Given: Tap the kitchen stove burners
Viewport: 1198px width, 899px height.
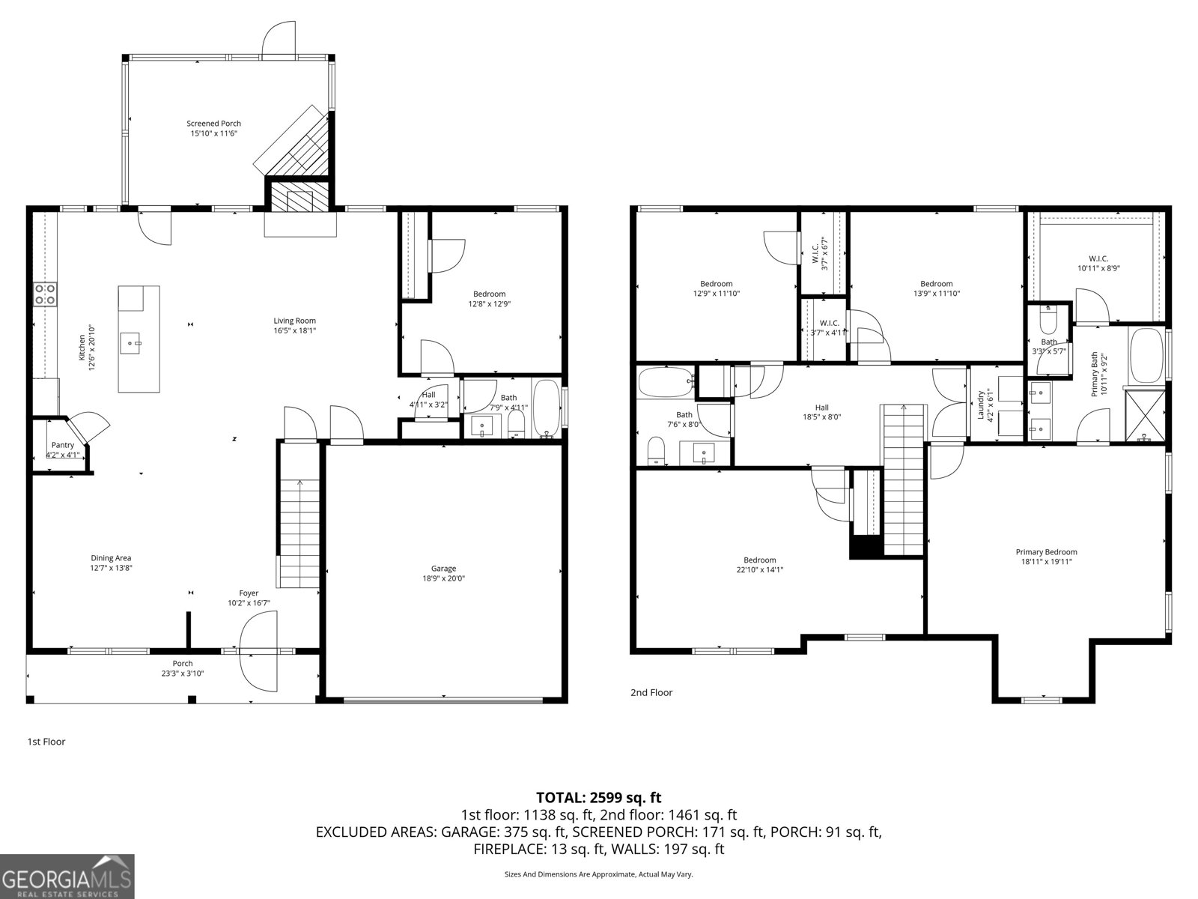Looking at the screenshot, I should (46, 294).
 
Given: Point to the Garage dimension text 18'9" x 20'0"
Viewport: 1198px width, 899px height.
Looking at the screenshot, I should (443, 578).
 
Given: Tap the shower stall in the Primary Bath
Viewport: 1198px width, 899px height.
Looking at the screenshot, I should (1146, 414).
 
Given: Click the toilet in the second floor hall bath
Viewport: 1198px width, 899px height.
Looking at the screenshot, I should (656, 452).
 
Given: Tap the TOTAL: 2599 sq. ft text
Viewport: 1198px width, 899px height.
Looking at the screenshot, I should (598, 798).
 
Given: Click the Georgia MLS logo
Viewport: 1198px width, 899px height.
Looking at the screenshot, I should (67, 876).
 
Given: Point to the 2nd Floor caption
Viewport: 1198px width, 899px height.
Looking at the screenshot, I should (651, 693).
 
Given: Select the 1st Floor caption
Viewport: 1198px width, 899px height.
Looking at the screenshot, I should (46, 742).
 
